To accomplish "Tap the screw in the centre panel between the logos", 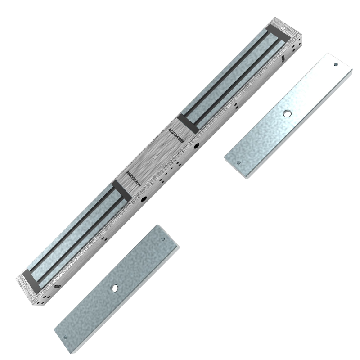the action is tap(155, 157).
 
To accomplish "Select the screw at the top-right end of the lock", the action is tap(283, 28).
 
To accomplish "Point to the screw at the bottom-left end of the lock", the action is tap(26, 287).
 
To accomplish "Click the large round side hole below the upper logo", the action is tap(197, 145).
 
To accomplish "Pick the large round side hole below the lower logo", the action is tap(144, 199).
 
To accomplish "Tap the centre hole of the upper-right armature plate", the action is tap(287, 113).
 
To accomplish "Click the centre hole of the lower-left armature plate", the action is tap(115, 288).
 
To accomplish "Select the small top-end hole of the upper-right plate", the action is tap(336, 64).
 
